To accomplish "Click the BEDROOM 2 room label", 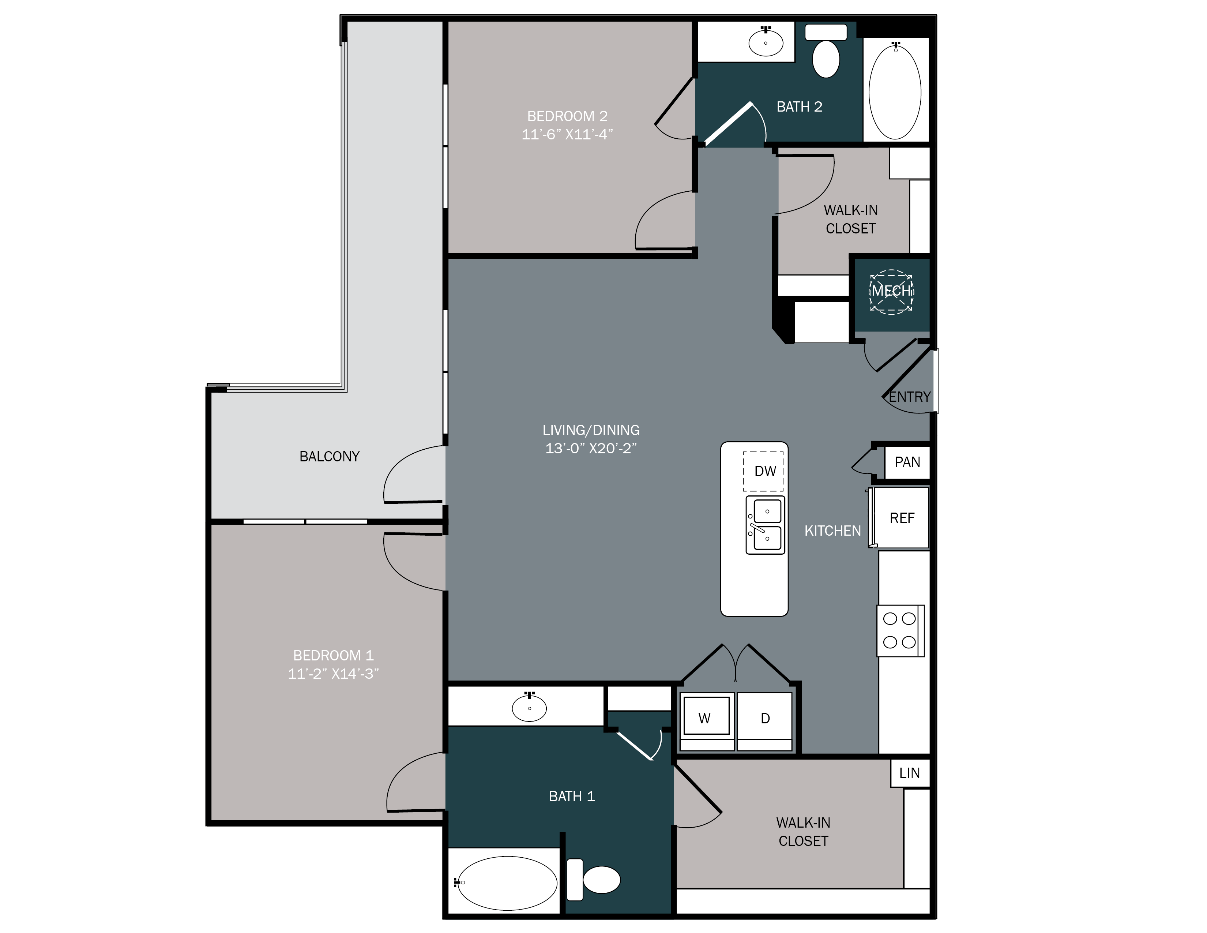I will point(567,116).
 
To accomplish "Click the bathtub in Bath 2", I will point(895,91).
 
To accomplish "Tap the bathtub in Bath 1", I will point(507,883).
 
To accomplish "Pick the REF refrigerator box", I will point(901,518).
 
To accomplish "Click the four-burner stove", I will point(900,631).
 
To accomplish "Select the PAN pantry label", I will point(907,462).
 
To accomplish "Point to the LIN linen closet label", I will point(909,773).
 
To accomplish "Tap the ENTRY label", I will point(909,397).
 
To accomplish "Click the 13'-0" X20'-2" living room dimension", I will point(591,448).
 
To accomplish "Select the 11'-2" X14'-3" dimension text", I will point(333,673).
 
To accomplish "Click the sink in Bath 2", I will point(766,41).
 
